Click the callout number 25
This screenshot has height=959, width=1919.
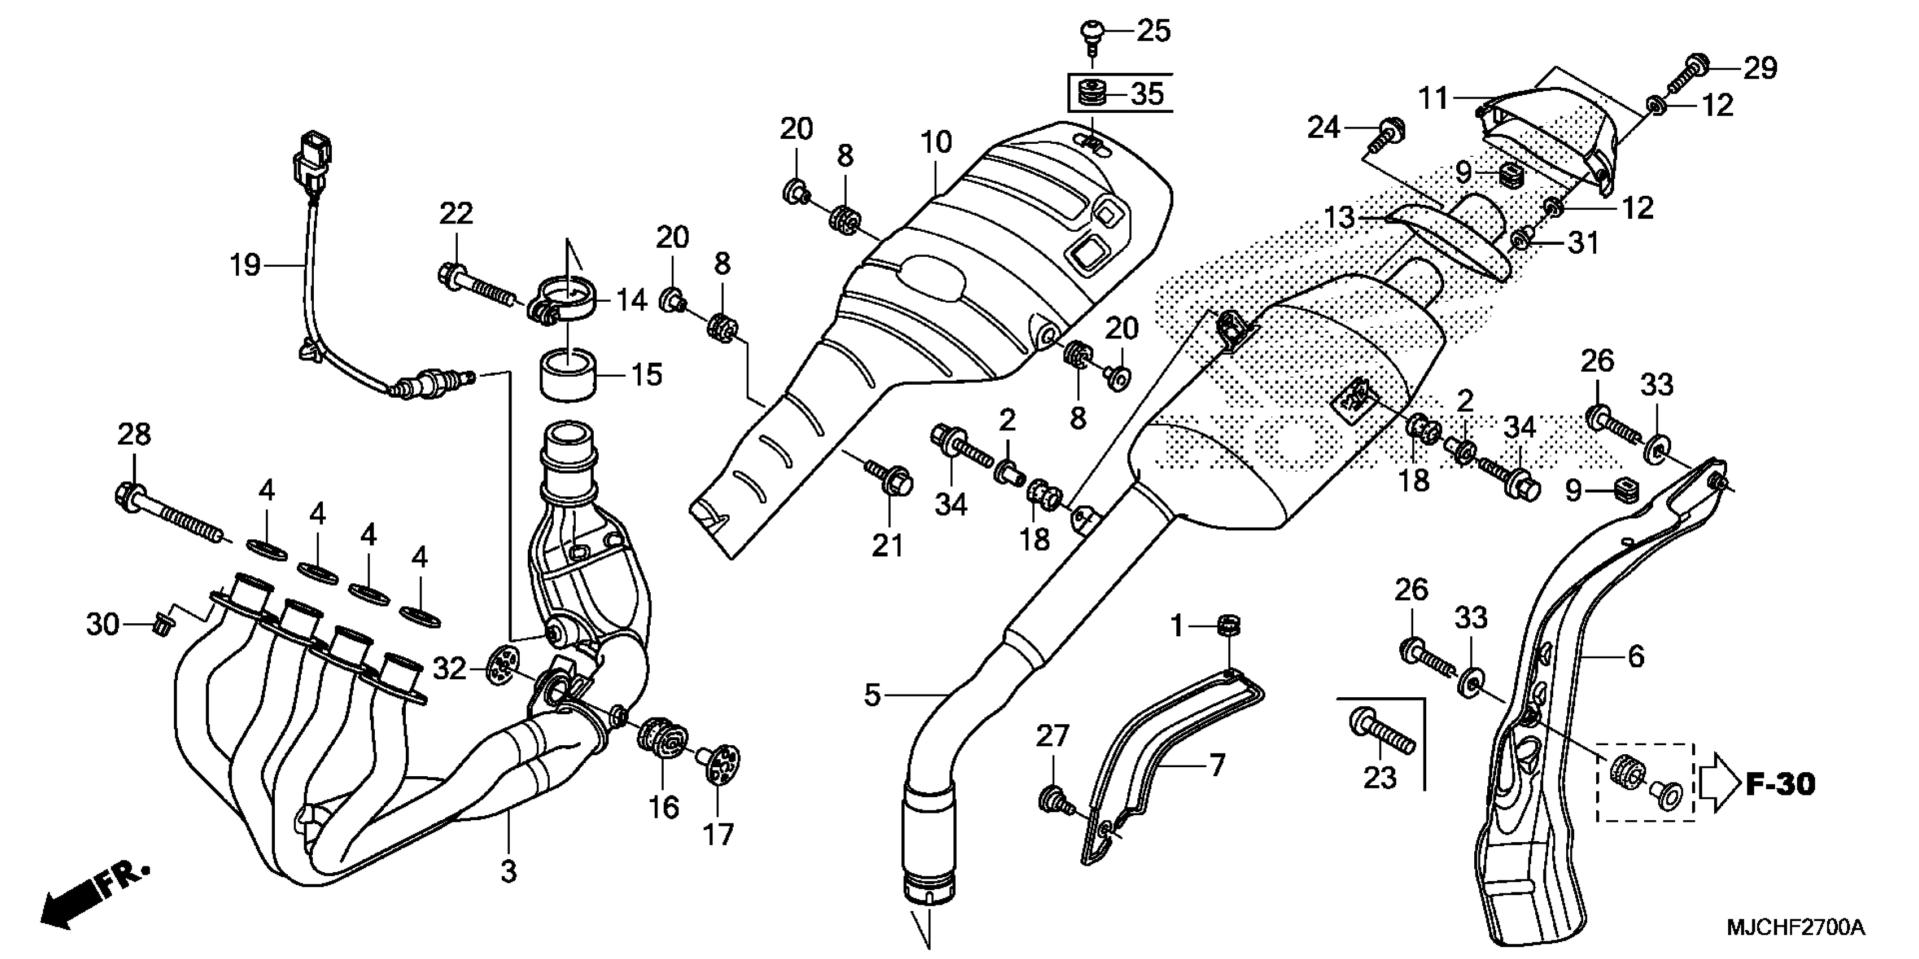[x=1153, y=31]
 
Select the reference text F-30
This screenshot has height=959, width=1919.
[x=1781, y=784]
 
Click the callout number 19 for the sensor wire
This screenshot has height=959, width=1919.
[x=244, y=265]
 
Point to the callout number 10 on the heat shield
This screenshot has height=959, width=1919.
[x=936, y=142]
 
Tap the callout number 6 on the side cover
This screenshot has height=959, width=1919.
[x=1635, y=656]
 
